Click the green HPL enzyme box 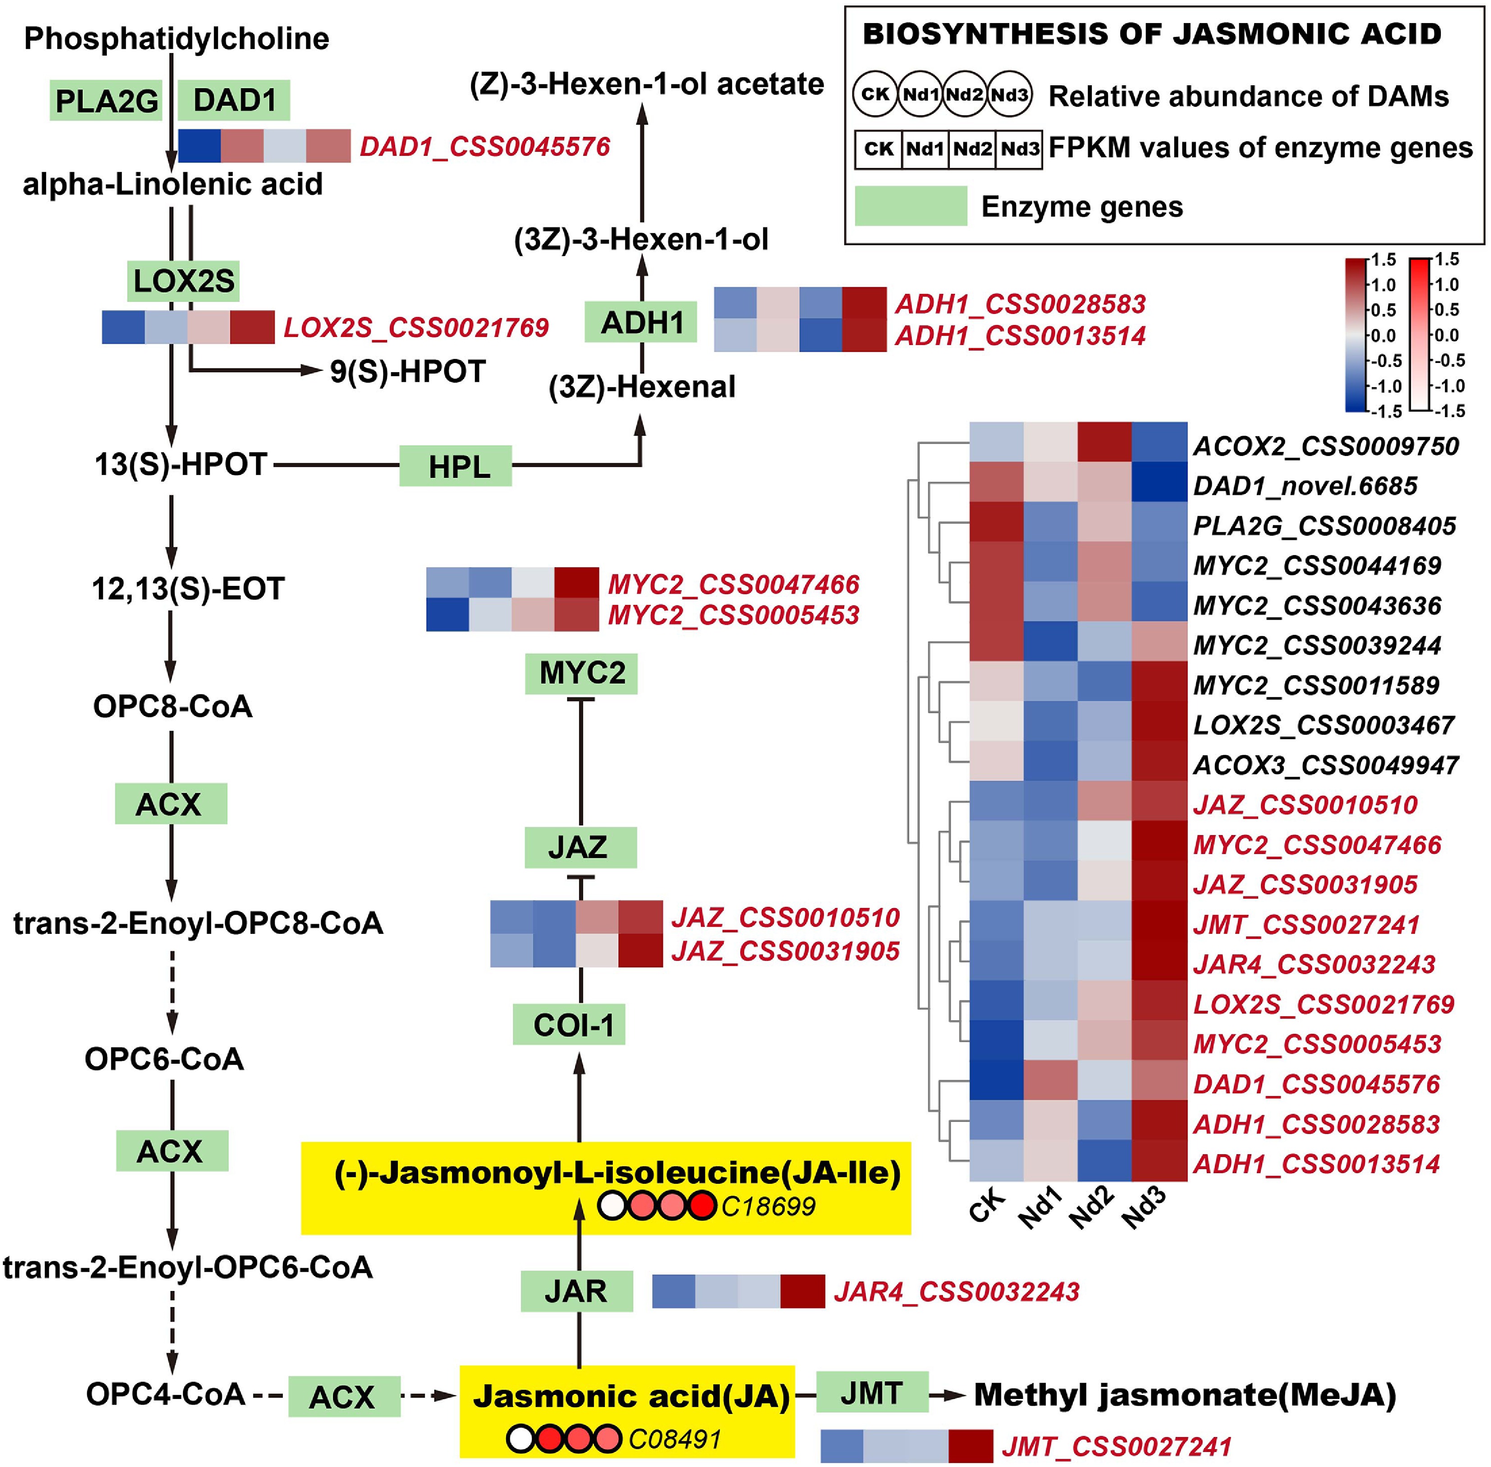(x=455, y=465)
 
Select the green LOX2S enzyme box (x=184, y=281)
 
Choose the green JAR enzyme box (x=576, y=1291)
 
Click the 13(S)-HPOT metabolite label (x=180, y=464)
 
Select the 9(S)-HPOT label (x=408, y=372)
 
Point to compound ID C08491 (x=674, y=1439)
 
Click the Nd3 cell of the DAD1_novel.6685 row (x=1159, y=485)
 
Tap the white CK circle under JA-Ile (x=612, y=1206)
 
